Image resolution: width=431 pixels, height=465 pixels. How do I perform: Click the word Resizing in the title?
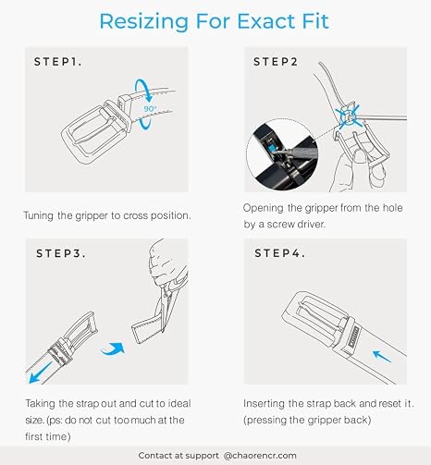tap(143, 22)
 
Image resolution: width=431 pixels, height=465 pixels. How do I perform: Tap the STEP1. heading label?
tap(57, 62)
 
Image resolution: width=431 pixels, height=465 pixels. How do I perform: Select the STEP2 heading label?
tap(276, 62)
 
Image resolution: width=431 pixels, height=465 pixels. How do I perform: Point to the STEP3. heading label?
tap(61, 253)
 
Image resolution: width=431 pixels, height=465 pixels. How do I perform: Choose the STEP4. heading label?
tap(279, 253)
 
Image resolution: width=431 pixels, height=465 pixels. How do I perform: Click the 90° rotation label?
tap(150, 109)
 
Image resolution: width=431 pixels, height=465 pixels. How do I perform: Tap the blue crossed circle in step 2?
tap(349, 116)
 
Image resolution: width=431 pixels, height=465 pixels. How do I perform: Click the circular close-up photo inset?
tap(282, 154)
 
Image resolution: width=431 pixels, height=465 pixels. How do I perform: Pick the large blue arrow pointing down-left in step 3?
tap(41, 373)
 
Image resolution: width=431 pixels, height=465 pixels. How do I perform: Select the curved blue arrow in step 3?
tap(113, 349)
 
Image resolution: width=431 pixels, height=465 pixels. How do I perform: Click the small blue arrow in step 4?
tap(382, 356)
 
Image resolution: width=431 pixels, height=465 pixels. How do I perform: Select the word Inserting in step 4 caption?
tap(264, 404)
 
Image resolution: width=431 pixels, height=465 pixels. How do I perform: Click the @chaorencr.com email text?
tap(260, 456)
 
